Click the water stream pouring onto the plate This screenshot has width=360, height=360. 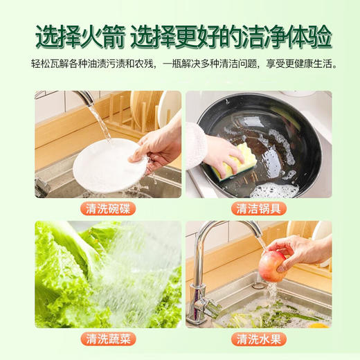pos(101,125)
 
